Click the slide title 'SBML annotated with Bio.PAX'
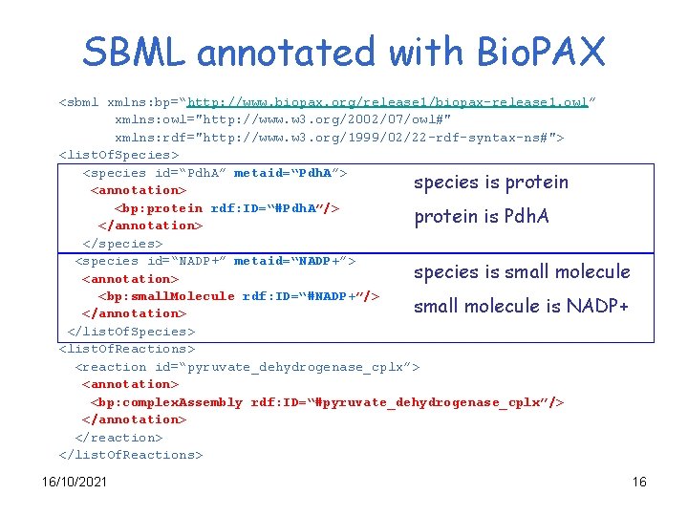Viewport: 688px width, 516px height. point(344,52)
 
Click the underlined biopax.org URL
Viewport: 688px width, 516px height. point(390,102)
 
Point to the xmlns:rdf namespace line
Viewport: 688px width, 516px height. point(338,138)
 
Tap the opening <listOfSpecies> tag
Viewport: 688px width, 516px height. point(119,155)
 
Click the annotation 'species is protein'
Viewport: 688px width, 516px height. point(490,183)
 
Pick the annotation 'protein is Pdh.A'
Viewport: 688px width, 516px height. point(481,217)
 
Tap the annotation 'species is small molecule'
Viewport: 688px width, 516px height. point(521,272)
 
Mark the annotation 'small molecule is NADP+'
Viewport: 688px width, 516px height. point(520,307)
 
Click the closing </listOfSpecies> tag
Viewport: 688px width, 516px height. point(131,332)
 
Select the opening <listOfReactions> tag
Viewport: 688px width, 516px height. point(127,349)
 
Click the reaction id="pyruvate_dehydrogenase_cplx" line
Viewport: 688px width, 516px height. point(247,367)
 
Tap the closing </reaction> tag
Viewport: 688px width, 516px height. point(118,438)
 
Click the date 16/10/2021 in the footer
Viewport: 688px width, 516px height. point(75,482)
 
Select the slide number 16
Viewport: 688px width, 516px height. point(639,482)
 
